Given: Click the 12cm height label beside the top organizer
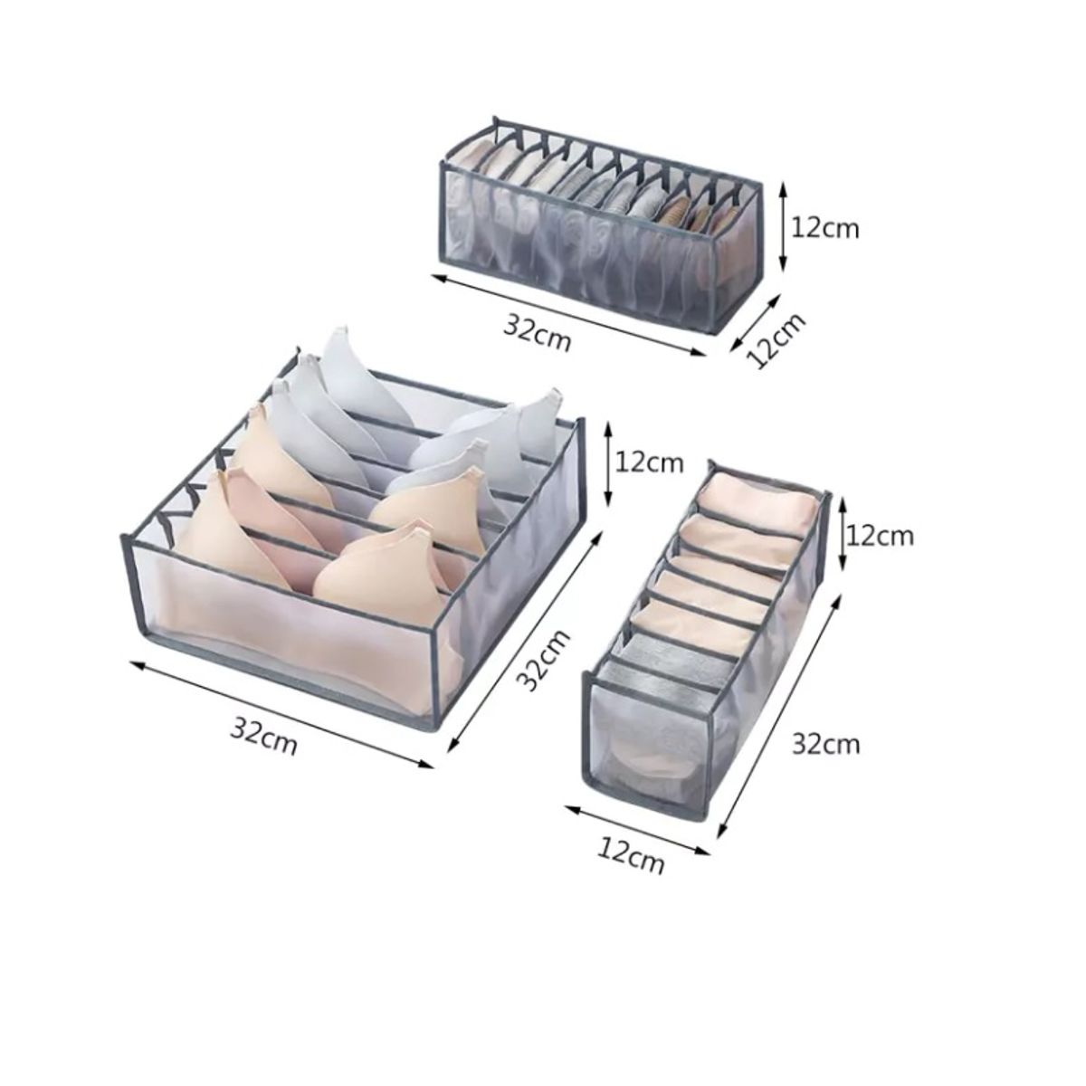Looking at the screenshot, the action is coord(825,229).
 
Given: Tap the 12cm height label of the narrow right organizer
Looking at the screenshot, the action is coord(880,536).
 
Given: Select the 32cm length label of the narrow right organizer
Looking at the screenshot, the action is coord(826,745).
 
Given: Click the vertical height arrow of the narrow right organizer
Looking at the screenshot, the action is coord(843,534).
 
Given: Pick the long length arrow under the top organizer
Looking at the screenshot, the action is coord(567,314).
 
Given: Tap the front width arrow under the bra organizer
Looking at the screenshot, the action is coord(281,713).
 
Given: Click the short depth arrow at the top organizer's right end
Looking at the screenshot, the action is coord(755,322).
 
